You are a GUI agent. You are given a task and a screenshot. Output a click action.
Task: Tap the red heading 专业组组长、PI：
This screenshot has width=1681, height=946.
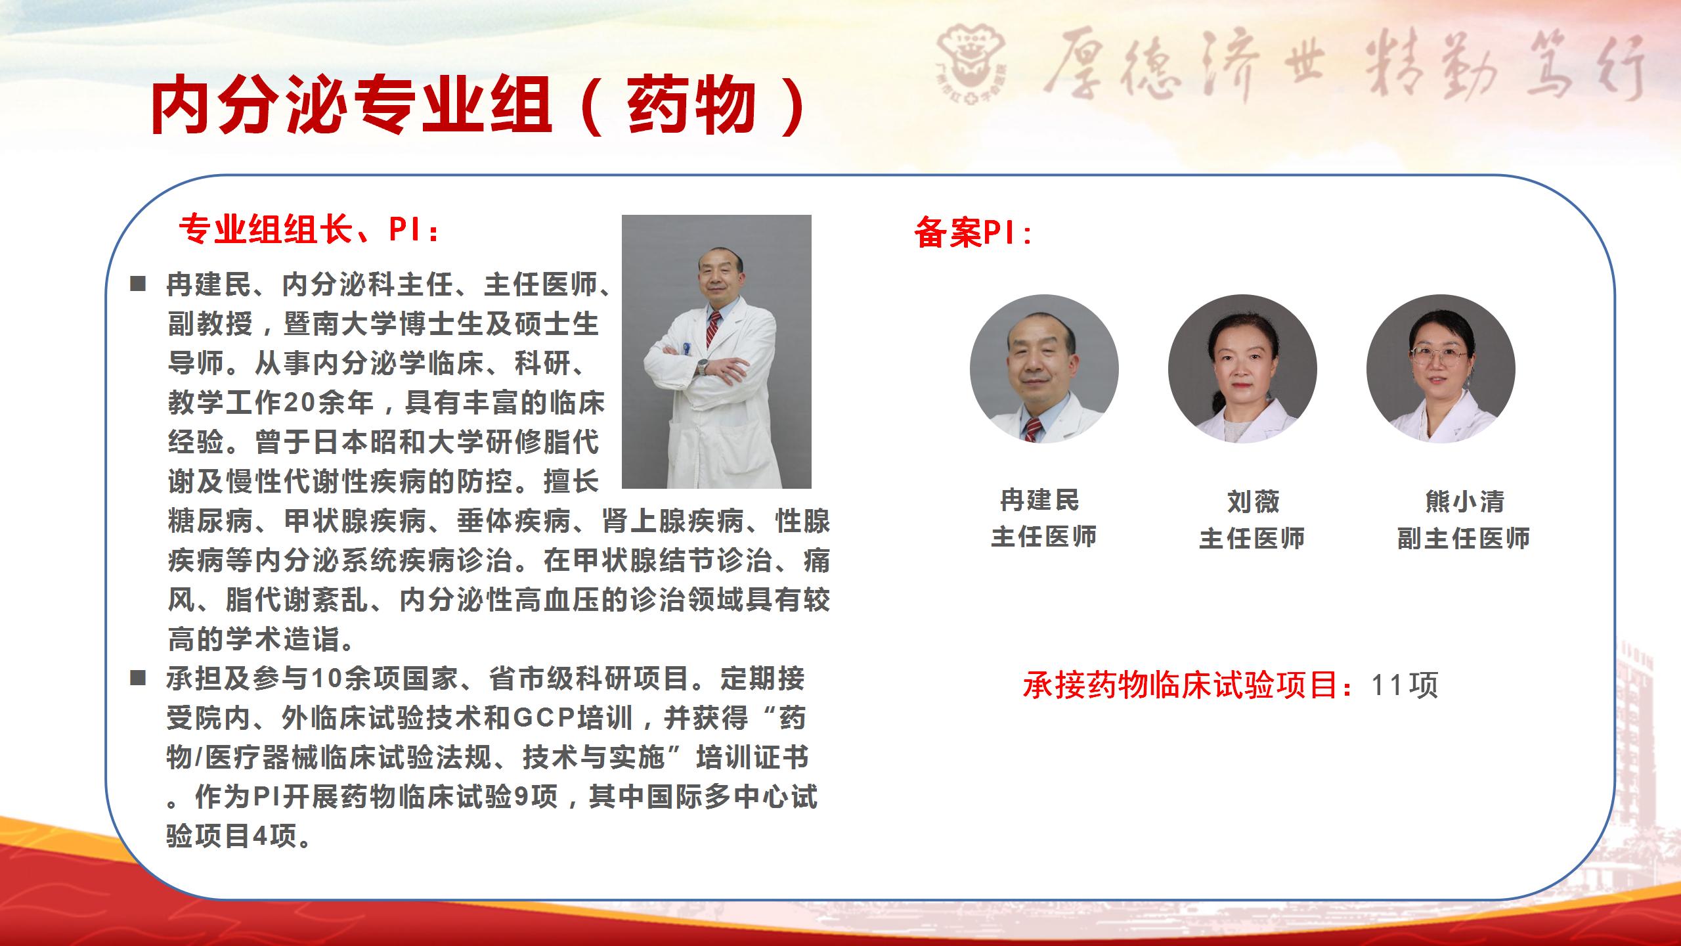[310, 230]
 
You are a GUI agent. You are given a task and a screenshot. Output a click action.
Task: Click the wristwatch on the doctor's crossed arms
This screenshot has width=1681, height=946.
[703, 367]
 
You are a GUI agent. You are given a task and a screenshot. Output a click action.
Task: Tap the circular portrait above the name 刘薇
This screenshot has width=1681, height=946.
[1242, 369]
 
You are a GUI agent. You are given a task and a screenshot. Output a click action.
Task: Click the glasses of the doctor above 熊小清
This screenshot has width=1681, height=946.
[1438, 355]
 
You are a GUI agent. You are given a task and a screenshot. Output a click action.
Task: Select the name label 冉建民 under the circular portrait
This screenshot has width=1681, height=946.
[1040, 501]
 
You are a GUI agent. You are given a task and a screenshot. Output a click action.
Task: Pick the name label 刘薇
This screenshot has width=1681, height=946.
[1254, 502]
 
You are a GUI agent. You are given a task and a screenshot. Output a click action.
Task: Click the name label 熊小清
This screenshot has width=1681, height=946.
[1465, 502]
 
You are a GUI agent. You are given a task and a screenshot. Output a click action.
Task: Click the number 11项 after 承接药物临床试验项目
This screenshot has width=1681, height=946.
[1405, 685]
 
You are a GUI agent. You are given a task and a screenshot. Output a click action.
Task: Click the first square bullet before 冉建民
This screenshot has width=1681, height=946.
[137, 284]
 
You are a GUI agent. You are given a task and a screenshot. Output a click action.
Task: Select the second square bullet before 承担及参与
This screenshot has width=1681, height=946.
[137, 679]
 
